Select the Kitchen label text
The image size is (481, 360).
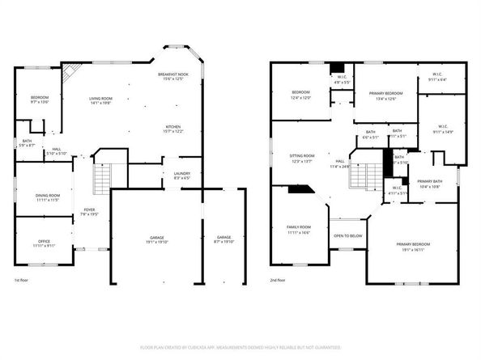(x=172, y=129)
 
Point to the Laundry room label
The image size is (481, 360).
(x=182, y=176)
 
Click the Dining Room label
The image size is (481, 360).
(x=48, y=197)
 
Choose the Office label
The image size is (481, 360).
(x=45, y=243)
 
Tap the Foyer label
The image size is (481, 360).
(x=89, y=212)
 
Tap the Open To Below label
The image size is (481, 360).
(x=347, y=235)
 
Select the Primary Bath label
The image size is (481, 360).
(x=429, y=184)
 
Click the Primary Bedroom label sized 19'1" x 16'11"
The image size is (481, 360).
(x=412, y=245)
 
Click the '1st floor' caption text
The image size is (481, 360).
(x=23, y=279)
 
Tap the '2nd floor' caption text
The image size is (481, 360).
(x=279, y=279)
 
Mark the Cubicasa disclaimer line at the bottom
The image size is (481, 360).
(x=240, y=346)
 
